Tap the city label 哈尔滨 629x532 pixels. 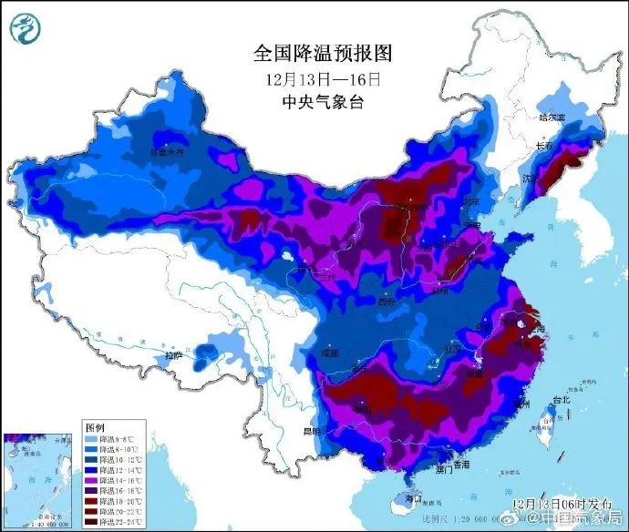click(x=552, y=118)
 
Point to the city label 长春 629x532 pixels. click(x=545, y=146)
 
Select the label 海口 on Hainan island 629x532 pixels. click(x=413, y=499)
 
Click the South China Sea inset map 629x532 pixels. click(x=38, y=477)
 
